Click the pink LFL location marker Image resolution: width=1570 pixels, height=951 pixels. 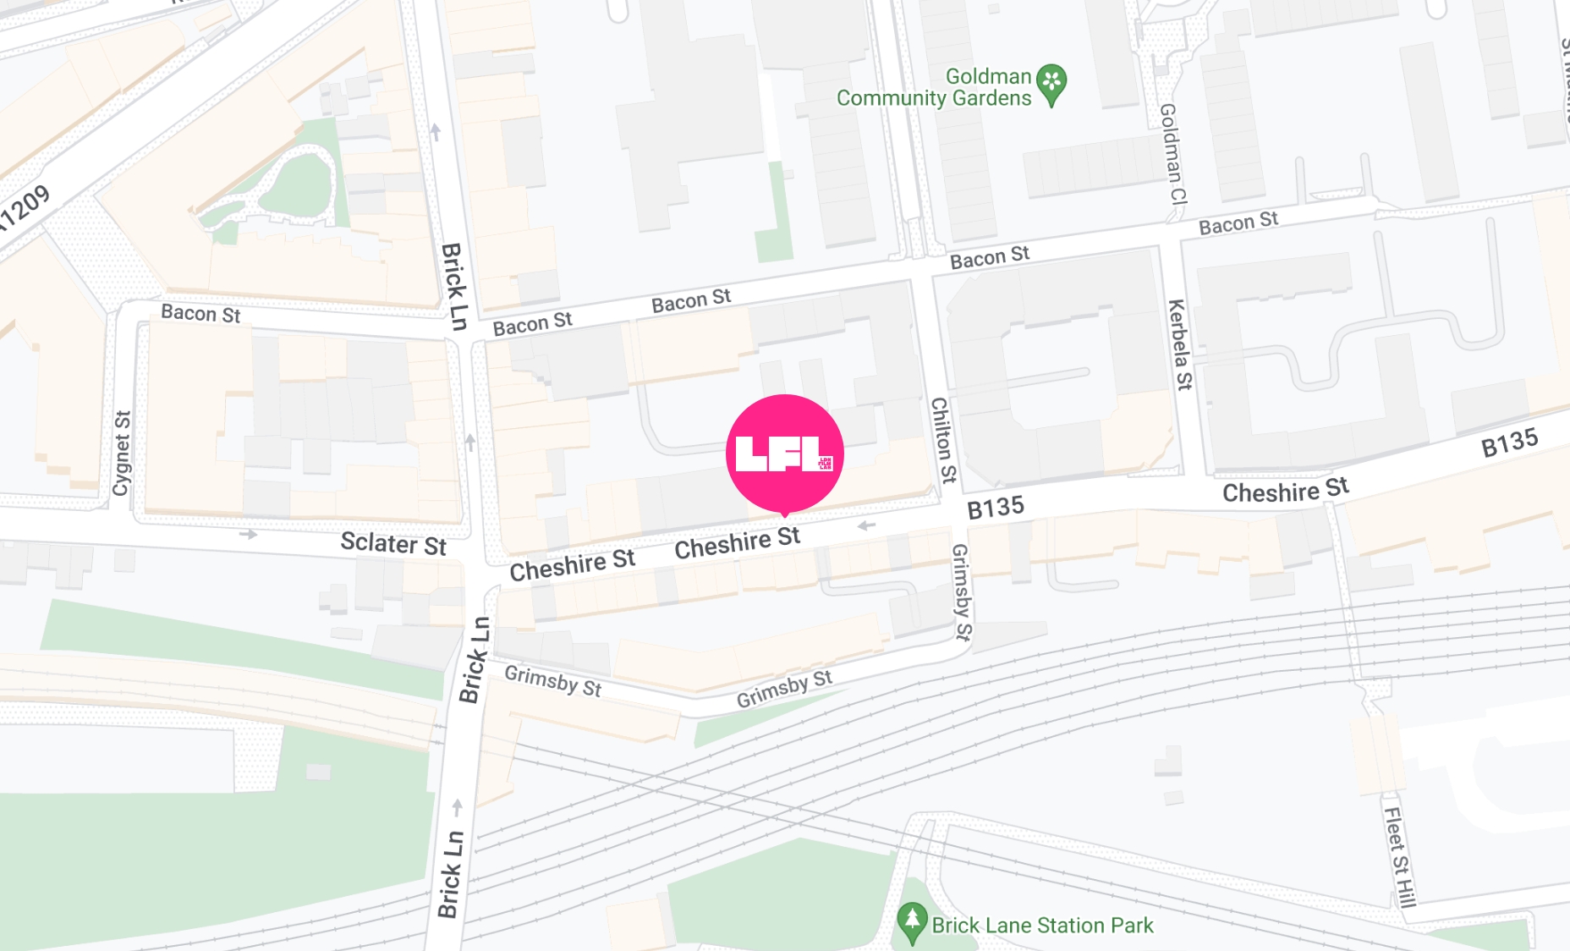[784, 454]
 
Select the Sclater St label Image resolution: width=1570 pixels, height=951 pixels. [392, 543]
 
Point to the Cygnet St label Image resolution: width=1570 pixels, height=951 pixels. [123, 453]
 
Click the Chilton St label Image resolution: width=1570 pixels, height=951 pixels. [942, 440]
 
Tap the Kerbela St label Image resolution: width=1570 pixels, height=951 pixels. [1178, 344]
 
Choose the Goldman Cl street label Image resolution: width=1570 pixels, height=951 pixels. [1172, 154]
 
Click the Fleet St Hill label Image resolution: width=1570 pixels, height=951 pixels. [1398, 856]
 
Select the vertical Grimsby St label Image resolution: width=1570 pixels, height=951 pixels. [962, 591]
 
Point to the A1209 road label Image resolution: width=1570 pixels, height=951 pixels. [24, 208]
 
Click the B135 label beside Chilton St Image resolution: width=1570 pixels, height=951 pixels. [995, 508]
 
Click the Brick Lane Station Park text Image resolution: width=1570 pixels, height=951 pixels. [1042, 926]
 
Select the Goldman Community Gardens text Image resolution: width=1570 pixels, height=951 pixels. [934, 87]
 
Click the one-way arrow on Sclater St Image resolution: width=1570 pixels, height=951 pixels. [248, 534]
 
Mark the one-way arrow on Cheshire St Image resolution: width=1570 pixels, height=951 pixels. [866, 525]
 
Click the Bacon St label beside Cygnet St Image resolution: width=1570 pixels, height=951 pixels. [200, 314]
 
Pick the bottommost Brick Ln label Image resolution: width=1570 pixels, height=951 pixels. [450, 874]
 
